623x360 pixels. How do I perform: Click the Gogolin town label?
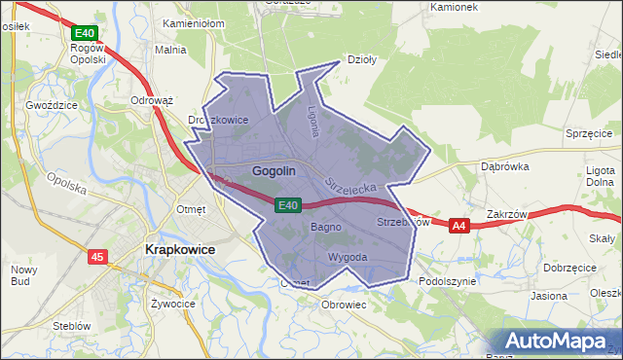[274, 171]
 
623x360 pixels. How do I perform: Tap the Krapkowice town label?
[179, 249]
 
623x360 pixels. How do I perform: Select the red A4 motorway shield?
[460, 226]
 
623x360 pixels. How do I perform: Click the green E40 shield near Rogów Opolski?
[84, 33]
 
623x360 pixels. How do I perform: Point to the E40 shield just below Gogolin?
[286, 205]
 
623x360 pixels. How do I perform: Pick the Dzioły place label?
[362, 58]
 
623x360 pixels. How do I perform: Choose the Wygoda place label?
[348, 257]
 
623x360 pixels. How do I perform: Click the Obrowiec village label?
[344, 304]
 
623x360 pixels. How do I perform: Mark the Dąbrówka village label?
[504, 166]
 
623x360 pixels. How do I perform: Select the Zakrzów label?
[505, 214]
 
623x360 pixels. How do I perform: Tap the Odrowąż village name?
[151, 100]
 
